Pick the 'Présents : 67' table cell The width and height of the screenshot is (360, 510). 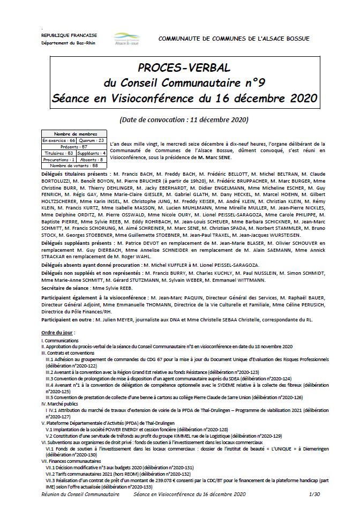73,146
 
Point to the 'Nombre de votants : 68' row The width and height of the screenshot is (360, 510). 73,166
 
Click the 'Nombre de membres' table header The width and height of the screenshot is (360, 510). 73,133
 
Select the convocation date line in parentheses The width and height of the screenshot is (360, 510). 184,118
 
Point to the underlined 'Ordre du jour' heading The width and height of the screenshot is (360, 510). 58,333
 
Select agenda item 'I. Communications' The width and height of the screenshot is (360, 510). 58,340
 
